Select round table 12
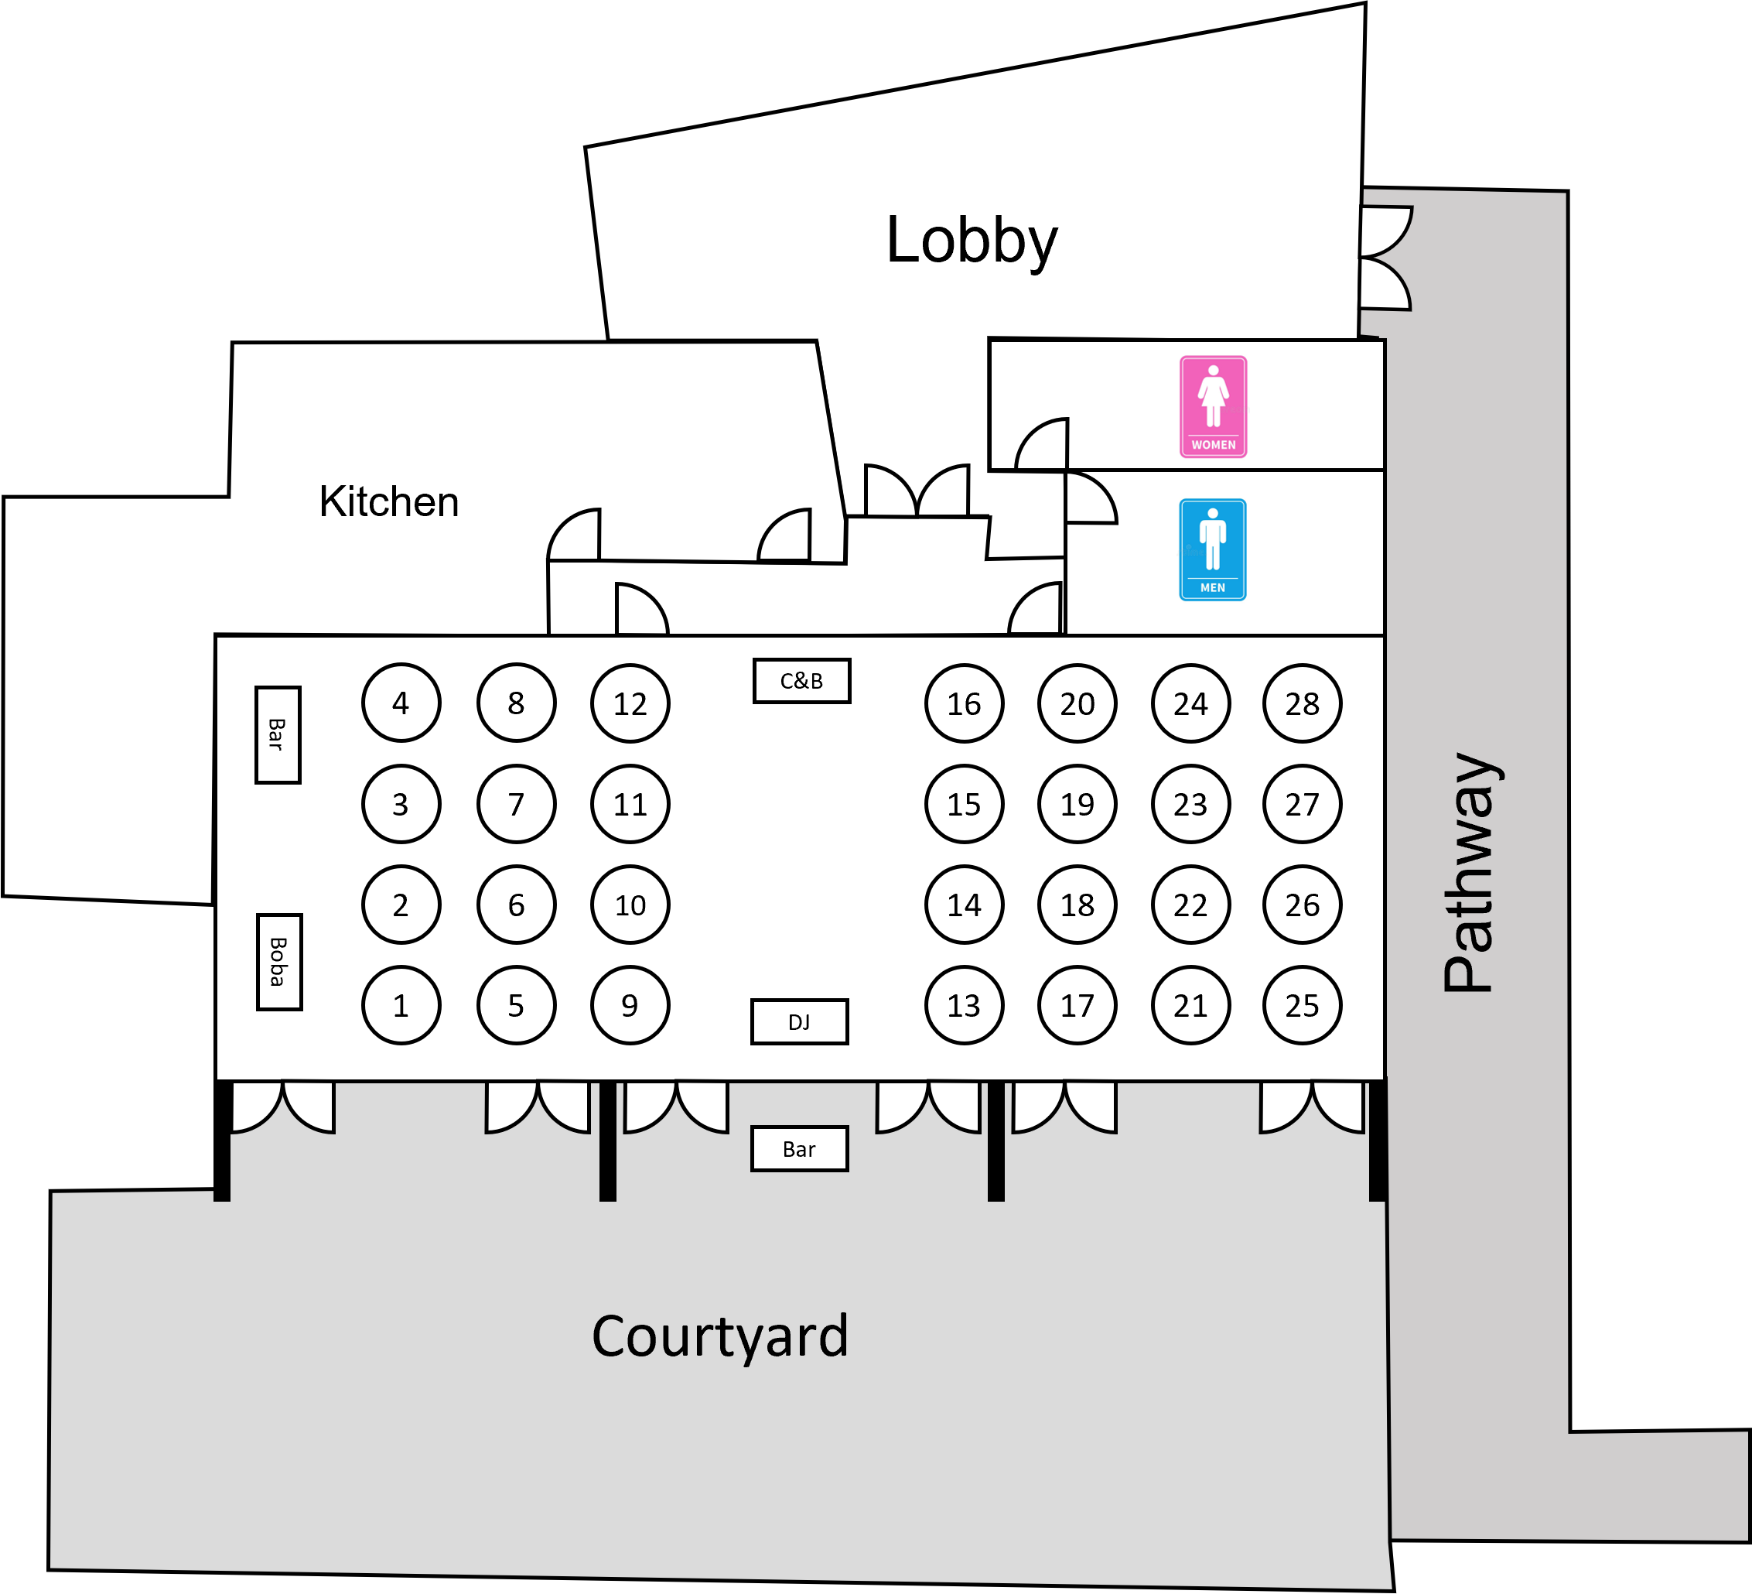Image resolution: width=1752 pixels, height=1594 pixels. tap(630, 703)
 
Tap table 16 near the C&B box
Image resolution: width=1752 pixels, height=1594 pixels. tap(964, 703)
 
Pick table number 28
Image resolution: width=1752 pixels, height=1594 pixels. tap(1302, 703)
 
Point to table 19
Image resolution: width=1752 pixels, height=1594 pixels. tap(1077, 804)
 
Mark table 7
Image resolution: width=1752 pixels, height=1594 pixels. tap(516, 804)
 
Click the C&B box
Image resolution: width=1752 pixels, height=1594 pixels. tap(801, 680)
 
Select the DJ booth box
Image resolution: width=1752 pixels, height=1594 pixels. tap(800, 1021)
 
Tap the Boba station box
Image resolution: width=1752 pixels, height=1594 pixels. tap(279, 961)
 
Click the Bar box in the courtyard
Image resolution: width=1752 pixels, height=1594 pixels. tap(800, 1149)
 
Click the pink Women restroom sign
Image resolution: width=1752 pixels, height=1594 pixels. tap(1213, 407)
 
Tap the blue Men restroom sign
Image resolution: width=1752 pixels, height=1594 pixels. tap(1212, 549)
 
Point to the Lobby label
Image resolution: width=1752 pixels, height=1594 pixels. tap(972, 241)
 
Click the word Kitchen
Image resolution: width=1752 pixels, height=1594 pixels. tap(388, 501)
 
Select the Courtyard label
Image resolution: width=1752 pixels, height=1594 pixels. tap(719, 1336)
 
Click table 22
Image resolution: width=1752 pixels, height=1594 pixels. tap(1190, 905)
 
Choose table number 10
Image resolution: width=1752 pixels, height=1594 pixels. tap(630, 905)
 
